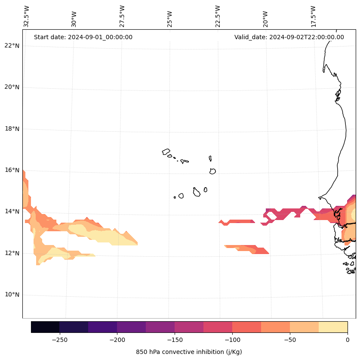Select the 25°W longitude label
[x=170, y=18]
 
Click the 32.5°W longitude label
[x=27, y=16]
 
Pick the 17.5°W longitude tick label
[x=314, y=16]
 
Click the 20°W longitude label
[x=265, y=18]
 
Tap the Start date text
[x=83, y=37]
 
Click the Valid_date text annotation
[x=289, y=37]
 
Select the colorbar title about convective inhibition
[x=189, y=352]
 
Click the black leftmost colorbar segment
[x=45, y=327]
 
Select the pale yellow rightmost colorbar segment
[x=333, y=327]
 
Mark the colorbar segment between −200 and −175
[x=131, y=327]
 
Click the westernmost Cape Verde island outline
[x=166, y=152]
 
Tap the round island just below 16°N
[x=212, y=171]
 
